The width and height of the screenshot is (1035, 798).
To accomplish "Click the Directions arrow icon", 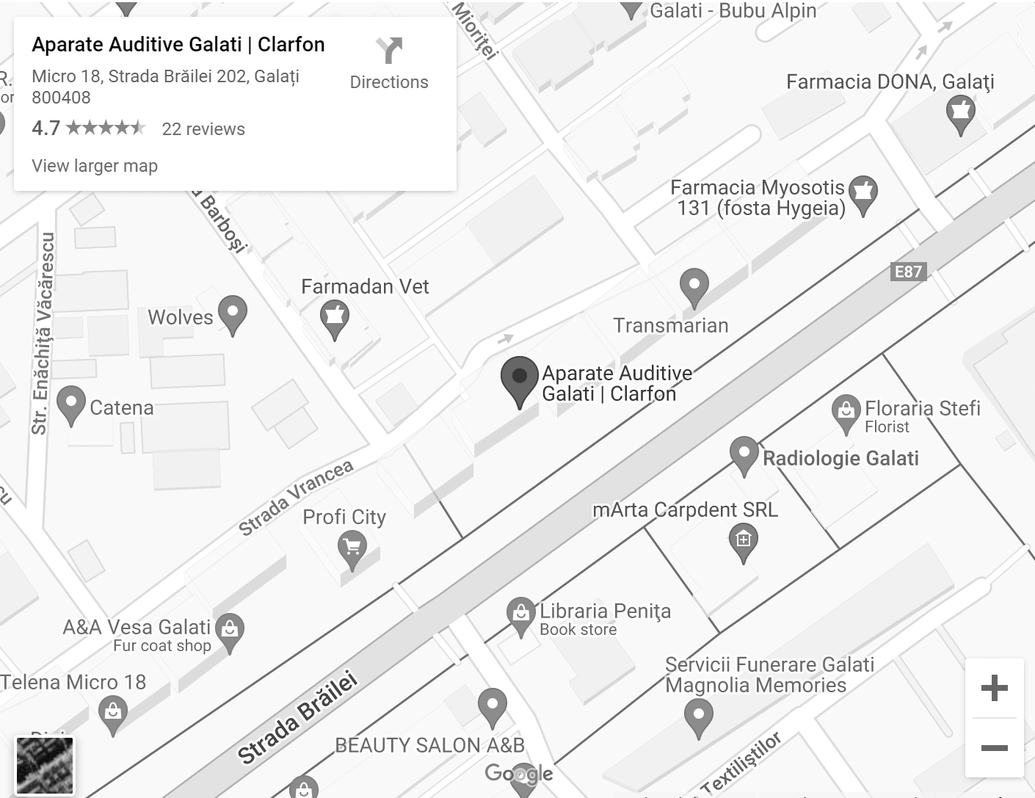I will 389,51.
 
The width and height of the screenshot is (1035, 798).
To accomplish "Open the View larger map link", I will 95,166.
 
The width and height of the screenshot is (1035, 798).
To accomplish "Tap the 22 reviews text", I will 203,129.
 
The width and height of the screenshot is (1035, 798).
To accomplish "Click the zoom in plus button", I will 994,688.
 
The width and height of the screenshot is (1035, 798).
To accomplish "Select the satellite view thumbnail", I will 45,766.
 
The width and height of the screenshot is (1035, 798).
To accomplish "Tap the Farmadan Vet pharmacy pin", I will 335,318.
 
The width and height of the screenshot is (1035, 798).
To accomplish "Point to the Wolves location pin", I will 233,313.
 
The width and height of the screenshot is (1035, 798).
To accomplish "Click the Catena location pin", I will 71,404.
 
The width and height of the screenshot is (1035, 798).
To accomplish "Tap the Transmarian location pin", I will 694,286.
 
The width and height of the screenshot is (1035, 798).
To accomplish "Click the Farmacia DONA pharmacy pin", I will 960,115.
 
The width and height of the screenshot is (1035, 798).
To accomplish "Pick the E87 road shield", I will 908,272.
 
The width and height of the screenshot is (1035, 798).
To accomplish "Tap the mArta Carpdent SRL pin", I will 743,542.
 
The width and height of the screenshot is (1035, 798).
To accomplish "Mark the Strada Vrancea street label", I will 296,498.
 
